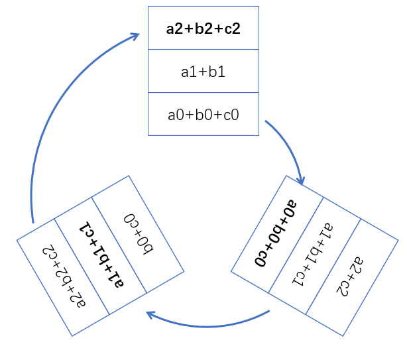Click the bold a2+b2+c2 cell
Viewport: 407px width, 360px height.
click(203, 28)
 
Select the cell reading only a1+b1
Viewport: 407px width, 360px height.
click(203, 71)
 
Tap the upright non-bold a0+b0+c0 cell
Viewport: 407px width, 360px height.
click(203, 114)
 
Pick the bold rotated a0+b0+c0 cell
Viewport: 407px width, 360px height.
click(277, 235)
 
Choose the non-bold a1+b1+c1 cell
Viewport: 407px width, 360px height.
click(315, 256)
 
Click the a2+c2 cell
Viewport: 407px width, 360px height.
click(352, 278)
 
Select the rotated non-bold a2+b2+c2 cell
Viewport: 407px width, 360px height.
click(63, 278)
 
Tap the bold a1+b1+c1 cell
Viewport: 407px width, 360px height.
click(101, 256)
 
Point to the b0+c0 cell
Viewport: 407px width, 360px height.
click(138, 235)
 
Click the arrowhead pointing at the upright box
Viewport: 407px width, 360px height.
click(135, 36)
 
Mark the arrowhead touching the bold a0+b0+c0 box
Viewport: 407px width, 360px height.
click(301, 182)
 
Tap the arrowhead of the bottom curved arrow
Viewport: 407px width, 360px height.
click(150, 314)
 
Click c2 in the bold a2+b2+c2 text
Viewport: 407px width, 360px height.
click(232, 29)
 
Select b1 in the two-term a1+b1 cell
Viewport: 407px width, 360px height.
click(217, 72)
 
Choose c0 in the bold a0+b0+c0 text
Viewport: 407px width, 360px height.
click(261, 259)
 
